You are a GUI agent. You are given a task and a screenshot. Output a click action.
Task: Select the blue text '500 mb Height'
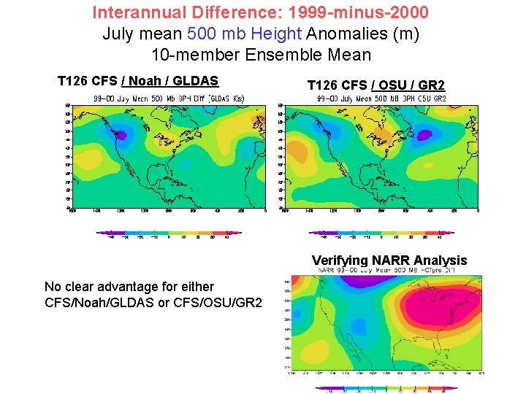click(x=234, y=34)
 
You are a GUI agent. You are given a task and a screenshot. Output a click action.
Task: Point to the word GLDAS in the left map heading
click(x=196, y=80)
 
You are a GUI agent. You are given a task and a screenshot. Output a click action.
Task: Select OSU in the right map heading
click(x=400, y=85)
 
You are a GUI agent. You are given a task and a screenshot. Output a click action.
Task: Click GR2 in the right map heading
click(x=432, y=85)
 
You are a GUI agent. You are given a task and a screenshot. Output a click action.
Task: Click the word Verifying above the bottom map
click(x=340, y=260)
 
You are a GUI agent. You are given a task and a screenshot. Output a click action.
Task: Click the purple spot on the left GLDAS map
click(x=122, y=135)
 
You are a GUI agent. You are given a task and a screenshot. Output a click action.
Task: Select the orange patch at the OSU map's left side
click(x=295, y=150)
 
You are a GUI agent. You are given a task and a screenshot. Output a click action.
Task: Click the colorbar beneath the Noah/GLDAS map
click(x=169, y=233)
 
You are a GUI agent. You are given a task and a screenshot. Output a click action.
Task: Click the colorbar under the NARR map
click(x=387, y=388)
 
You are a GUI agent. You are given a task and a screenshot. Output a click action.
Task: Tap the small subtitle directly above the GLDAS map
click(x=168, y=98)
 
